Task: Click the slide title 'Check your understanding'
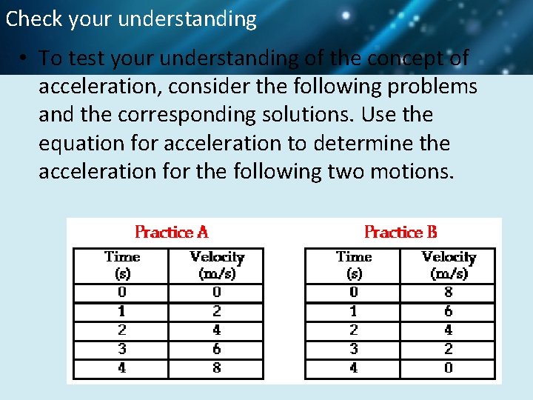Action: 131,19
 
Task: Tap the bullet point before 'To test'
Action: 24,59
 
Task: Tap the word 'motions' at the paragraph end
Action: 423,171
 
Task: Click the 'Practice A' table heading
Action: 172,232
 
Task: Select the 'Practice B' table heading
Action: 400,232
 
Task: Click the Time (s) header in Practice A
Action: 122,264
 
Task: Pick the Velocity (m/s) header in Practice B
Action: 449,264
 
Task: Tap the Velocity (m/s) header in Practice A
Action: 217,264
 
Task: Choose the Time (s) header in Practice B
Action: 354,264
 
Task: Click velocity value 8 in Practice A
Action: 217,368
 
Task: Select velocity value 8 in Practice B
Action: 449,293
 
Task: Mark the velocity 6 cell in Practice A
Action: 217,349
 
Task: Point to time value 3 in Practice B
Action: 354,349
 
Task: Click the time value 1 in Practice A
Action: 122,312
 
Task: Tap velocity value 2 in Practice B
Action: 449,349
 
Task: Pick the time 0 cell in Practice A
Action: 122,293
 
